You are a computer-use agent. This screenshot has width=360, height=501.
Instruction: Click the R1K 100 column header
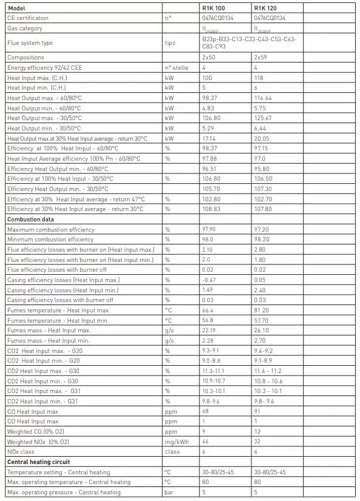213,8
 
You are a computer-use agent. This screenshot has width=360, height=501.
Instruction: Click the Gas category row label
25,28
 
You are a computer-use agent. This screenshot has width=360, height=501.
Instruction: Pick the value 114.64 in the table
264,98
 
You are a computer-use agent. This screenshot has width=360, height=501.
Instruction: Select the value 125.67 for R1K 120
264,118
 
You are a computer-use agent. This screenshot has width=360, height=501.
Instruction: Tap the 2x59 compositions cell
261,57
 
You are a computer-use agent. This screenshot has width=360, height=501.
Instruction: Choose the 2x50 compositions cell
210,57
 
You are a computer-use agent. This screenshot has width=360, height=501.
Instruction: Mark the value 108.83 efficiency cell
211,209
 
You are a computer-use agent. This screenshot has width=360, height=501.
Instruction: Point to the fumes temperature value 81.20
262,310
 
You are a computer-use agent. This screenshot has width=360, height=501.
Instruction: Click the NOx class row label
22,452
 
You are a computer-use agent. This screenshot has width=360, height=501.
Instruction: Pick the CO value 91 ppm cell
257,411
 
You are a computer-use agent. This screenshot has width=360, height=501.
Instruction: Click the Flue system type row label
30,42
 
